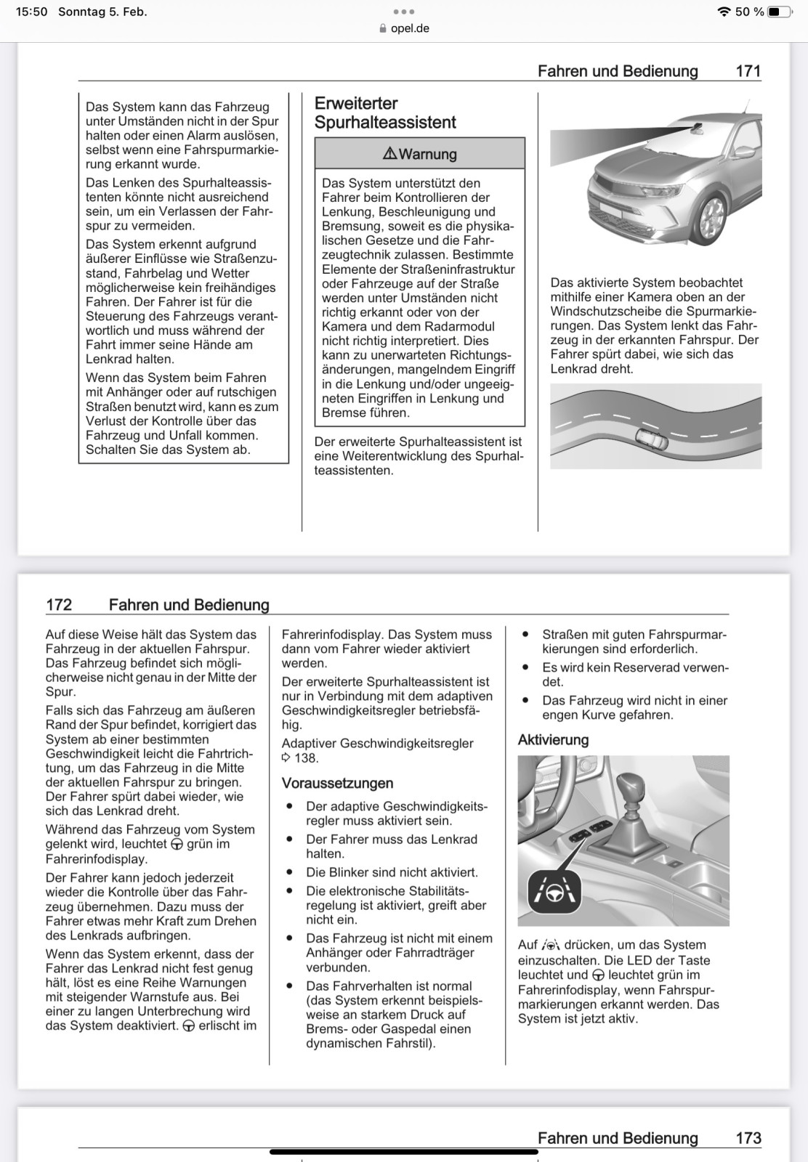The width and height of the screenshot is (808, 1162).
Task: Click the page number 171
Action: pyautogui.click(x=748, y=71)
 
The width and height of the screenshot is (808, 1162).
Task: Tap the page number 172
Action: pyautogui.click(x=59, y=605)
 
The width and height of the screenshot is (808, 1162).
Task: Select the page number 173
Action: pyautogui.click(x=748, y=1138)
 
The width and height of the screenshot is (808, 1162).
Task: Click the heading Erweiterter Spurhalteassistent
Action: pyautogui.click(x=385, y=113)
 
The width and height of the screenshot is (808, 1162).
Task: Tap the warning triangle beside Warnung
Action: pyautogui.click(x=389, y=154)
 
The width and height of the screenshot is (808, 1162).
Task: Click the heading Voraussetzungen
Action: pyautogui.click(x=337, y=784)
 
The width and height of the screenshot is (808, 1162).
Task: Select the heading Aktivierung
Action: pyautogui.click(x=553, y=740)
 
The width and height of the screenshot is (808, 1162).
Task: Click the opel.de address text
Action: pyautogui.click(x=410, y=29)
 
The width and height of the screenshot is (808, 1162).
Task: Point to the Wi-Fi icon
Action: pyautogui.click(x=723, y=12)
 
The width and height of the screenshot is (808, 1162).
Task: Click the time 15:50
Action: pyautogui.click(x=31, y=12)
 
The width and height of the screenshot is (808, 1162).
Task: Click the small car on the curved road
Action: pyautogui.click(x=652, y=439)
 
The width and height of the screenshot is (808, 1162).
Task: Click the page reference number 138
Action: pyautogui.click(x=306, y=758)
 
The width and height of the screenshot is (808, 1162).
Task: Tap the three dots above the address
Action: pyautogui.click(x=403, y=12)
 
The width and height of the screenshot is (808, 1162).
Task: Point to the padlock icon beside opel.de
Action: pyautogui.click(x=383, y=29)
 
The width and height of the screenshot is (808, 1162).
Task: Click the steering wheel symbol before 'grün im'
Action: pyautogui.click(x=177, y=845)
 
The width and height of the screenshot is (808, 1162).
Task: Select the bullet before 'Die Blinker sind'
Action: pyautogui.click(x=290, y=872)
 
